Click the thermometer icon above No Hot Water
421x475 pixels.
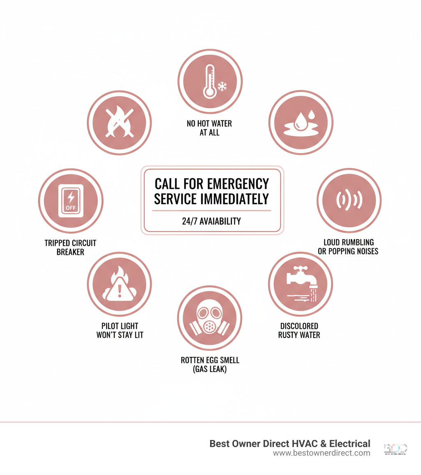click(210, 81)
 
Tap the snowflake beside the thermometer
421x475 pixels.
click(222, 86)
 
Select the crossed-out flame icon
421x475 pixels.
click(119, 123)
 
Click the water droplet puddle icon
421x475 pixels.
click(301, 123)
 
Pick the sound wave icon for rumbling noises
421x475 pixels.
click(349, 200)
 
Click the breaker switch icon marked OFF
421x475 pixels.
click(71, 200)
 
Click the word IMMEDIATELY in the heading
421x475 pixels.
click(234, 199)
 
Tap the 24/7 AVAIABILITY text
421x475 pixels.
click(211, 221)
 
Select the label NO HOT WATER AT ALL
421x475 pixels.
click(210, 128)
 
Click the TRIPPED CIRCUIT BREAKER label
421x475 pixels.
click(70, 247)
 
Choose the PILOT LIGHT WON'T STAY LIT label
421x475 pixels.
click(120, 330)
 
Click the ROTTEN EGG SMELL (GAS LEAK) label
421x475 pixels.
click(210, 365)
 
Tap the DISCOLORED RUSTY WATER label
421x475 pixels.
click(299, 330)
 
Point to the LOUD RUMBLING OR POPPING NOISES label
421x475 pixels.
click(348, 247)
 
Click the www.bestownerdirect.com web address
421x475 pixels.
click(321, 453)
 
